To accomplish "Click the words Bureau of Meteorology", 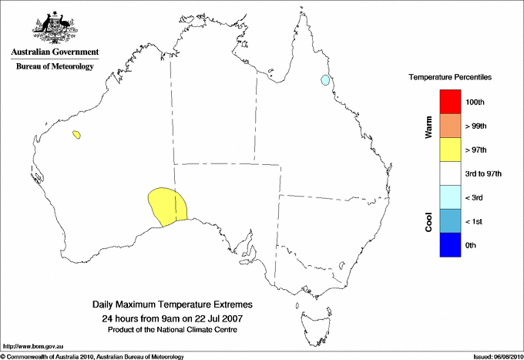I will (x=55, y=66).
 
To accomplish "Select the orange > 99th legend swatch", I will (x=450, y=126).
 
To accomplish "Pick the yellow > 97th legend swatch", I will (x=450, y=150).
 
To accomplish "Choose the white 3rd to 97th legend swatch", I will (x=450, y=173).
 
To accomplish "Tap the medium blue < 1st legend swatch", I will (x=450, y=221).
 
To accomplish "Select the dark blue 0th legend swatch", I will (x=450, y=245).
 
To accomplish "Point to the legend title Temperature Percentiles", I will (x=450, y=78).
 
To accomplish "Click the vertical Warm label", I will (x=428, y=128).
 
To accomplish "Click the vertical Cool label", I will (x=428, y=220).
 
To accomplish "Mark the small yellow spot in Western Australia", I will (x=76, y=135).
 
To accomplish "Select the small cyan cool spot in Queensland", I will (x=325, y=79).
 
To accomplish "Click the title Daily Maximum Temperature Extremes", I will (x=172, y=305).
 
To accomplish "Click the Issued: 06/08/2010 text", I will (x=497, y=356).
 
